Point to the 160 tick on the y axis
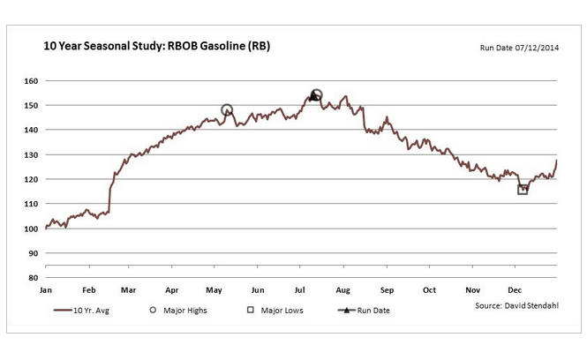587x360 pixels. (32, 81)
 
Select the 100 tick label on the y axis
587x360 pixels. (32, 229)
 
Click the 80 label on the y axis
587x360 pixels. (34, 278)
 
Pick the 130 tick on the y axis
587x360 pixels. (32, 155)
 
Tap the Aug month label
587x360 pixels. (343, 289)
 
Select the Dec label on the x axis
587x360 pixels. (514, 289)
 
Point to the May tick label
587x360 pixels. (214, 289)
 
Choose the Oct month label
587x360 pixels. (429, 289)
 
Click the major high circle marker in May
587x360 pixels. (227, 110)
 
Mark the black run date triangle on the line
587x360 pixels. (313, 97)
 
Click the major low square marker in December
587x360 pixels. (523, 189)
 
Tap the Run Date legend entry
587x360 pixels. (365, 311)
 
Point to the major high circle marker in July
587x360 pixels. (317, 94)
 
